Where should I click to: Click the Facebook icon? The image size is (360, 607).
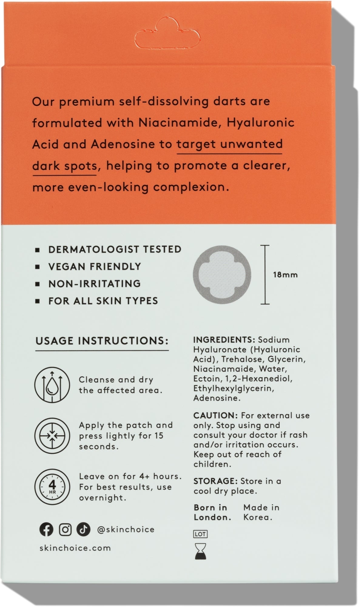pos(46,529)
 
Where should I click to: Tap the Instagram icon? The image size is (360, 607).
pos(65,529)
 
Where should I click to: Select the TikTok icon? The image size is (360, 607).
pos(83,529)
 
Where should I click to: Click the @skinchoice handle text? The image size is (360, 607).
pos(126,530)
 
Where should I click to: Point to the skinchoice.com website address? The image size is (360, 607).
pos(75,548)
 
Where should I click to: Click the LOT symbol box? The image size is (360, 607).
pos(200,534)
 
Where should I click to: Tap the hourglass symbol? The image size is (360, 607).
pos(200,551)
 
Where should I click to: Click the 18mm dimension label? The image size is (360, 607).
pos(285,275)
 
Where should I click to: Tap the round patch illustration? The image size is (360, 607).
pos(222,275)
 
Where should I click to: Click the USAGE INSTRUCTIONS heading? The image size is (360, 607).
pos(102,341)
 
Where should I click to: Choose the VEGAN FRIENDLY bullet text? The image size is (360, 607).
pos(95,266)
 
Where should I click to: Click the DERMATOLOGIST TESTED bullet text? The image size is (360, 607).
pos(115,249)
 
